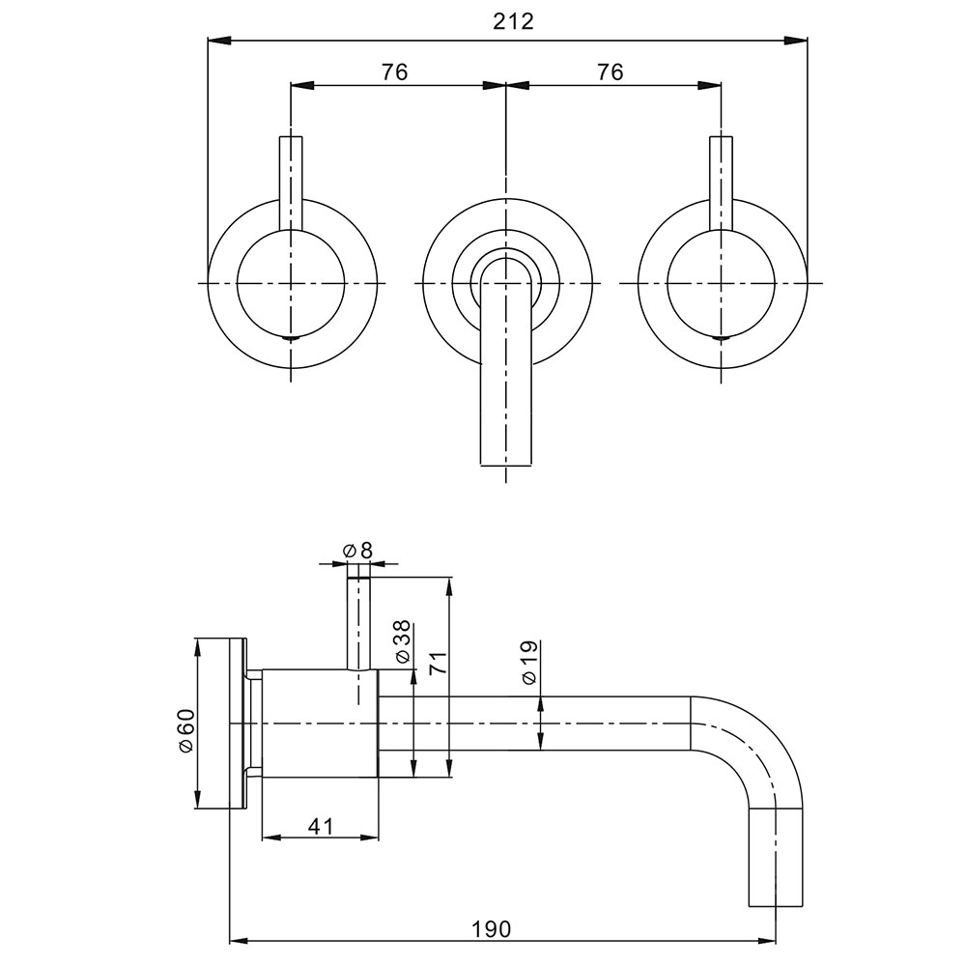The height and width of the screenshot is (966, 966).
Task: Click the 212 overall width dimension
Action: [513, 21]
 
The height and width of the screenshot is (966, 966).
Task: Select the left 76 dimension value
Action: [394, 72]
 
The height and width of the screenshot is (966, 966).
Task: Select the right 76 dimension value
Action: [610, 72]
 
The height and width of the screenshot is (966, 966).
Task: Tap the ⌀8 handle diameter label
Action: [357, 551]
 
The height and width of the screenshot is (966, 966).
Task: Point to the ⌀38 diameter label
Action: [401, 641]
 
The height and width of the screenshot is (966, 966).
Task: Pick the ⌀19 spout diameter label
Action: [529, 663]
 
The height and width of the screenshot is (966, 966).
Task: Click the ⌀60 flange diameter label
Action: [185, 730]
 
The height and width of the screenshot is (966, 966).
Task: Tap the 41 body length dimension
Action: [320, 826]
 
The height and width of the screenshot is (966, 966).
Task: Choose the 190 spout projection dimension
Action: [492, 929]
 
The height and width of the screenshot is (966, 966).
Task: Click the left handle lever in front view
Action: [291, 183]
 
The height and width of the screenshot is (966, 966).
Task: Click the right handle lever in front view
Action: [722, 183]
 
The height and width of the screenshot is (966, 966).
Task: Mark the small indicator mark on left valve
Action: [291, 338]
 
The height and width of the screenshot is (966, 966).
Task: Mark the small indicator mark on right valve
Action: [722, 338]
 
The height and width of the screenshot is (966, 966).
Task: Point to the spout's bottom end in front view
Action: [505, 464]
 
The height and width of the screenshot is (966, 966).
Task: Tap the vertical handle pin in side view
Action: [358, 623]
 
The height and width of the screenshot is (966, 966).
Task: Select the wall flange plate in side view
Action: [238, 724]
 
